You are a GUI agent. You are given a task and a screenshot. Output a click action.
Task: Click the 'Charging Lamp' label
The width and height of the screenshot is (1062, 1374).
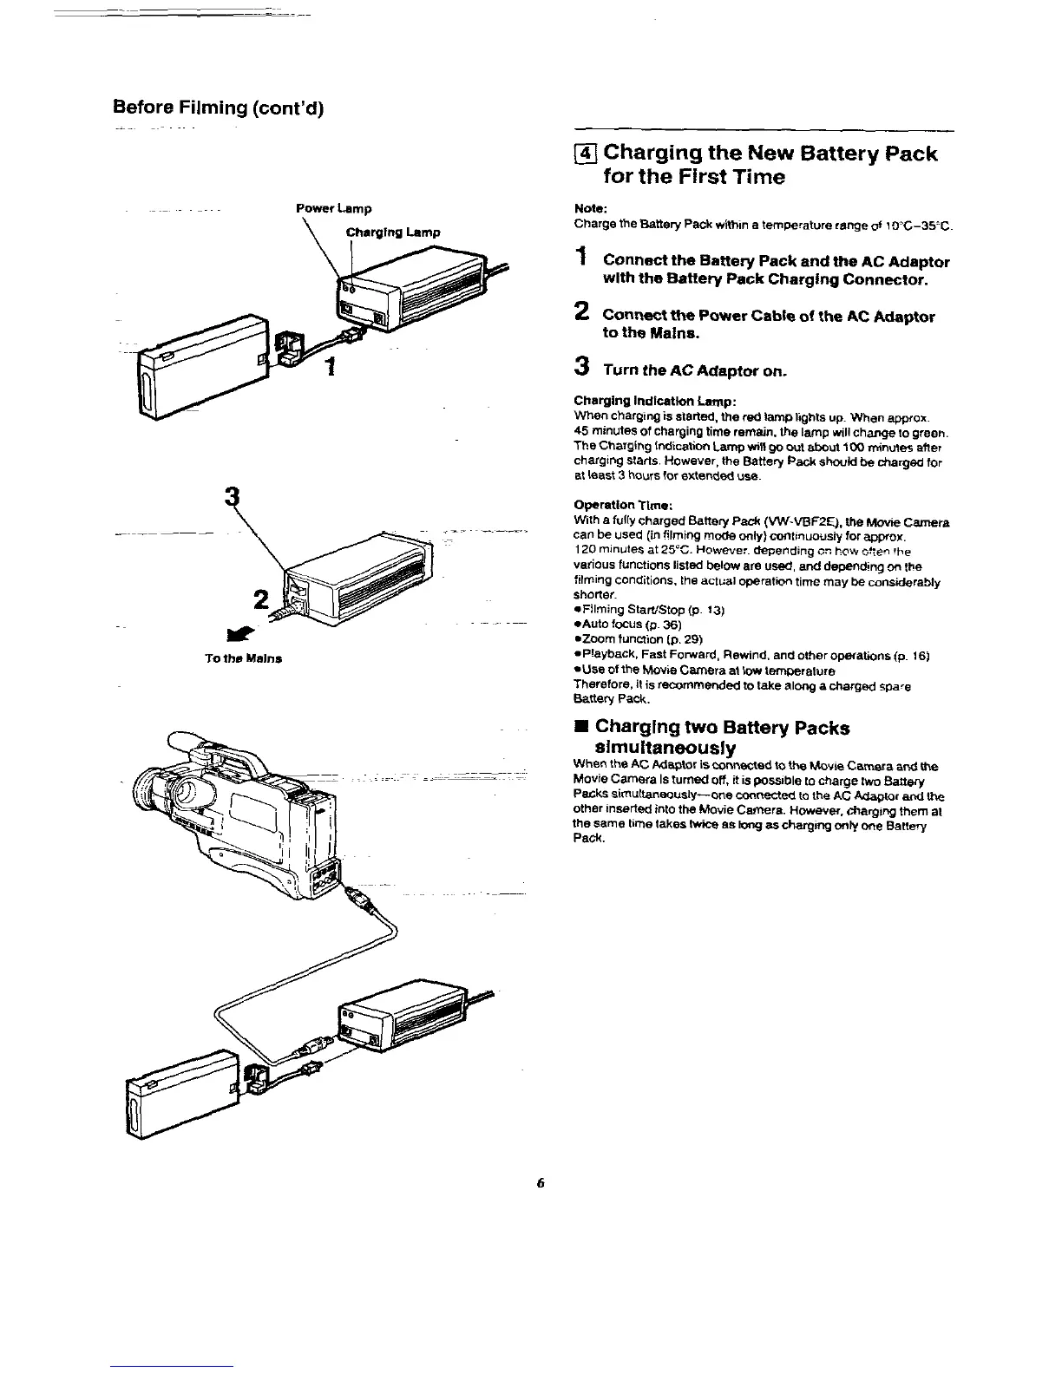(x=393, y=232)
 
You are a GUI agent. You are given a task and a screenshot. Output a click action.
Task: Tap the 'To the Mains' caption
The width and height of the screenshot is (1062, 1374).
(x=244, y=658)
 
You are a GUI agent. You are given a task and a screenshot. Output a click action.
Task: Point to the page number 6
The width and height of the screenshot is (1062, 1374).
(x=540, y=1183)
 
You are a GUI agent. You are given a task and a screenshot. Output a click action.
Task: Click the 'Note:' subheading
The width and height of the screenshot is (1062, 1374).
(x=589, y=209)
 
